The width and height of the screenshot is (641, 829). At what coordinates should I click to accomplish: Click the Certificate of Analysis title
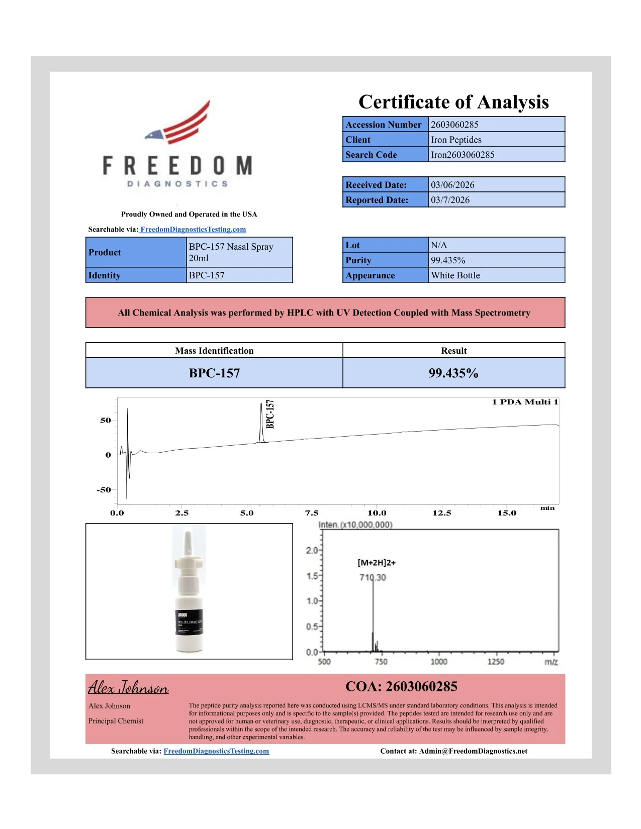[453, 102]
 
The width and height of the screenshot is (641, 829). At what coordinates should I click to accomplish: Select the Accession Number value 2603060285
[454, 125]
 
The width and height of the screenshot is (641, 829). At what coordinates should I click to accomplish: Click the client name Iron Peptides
[456, 140]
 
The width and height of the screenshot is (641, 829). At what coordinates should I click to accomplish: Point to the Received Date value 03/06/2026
[452, 185]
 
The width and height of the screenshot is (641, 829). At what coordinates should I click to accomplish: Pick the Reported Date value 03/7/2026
[450, 200]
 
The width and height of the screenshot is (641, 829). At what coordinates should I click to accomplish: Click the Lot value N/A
[439, 245]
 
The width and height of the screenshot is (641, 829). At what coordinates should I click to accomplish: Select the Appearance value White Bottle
[455, 275]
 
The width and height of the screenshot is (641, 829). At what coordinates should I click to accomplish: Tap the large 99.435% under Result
[453, 373]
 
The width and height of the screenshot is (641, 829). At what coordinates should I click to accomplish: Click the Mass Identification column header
[214, 351]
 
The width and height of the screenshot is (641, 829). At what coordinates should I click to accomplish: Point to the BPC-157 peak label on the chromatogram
[270, 414]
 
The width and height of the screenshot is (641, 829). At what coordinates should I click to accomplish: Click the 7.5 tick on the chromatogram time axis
[312, 513]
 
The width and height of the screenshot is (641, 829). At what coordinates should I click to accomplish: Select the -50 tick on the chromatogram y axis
[104, 490]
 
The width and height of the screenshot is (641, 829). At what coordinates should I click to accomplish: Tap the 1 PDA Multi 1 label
[525, 402]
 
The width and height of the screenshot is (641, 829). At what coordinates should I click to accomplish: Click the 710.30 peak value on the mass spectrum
[373, 578]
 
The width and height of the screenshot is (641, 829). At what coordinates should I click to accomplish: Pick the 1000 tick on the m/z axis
[438, 662]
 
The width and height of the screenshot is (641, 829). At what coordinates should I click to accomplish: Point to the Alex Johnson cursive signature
[128, 687]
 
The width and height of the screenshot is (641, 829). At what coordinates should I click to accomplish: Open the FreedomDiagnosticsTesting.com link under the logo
[193, 230]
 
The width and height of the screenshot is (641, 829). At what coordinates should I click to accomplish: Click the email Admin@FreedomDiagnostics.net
[473, 751]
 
